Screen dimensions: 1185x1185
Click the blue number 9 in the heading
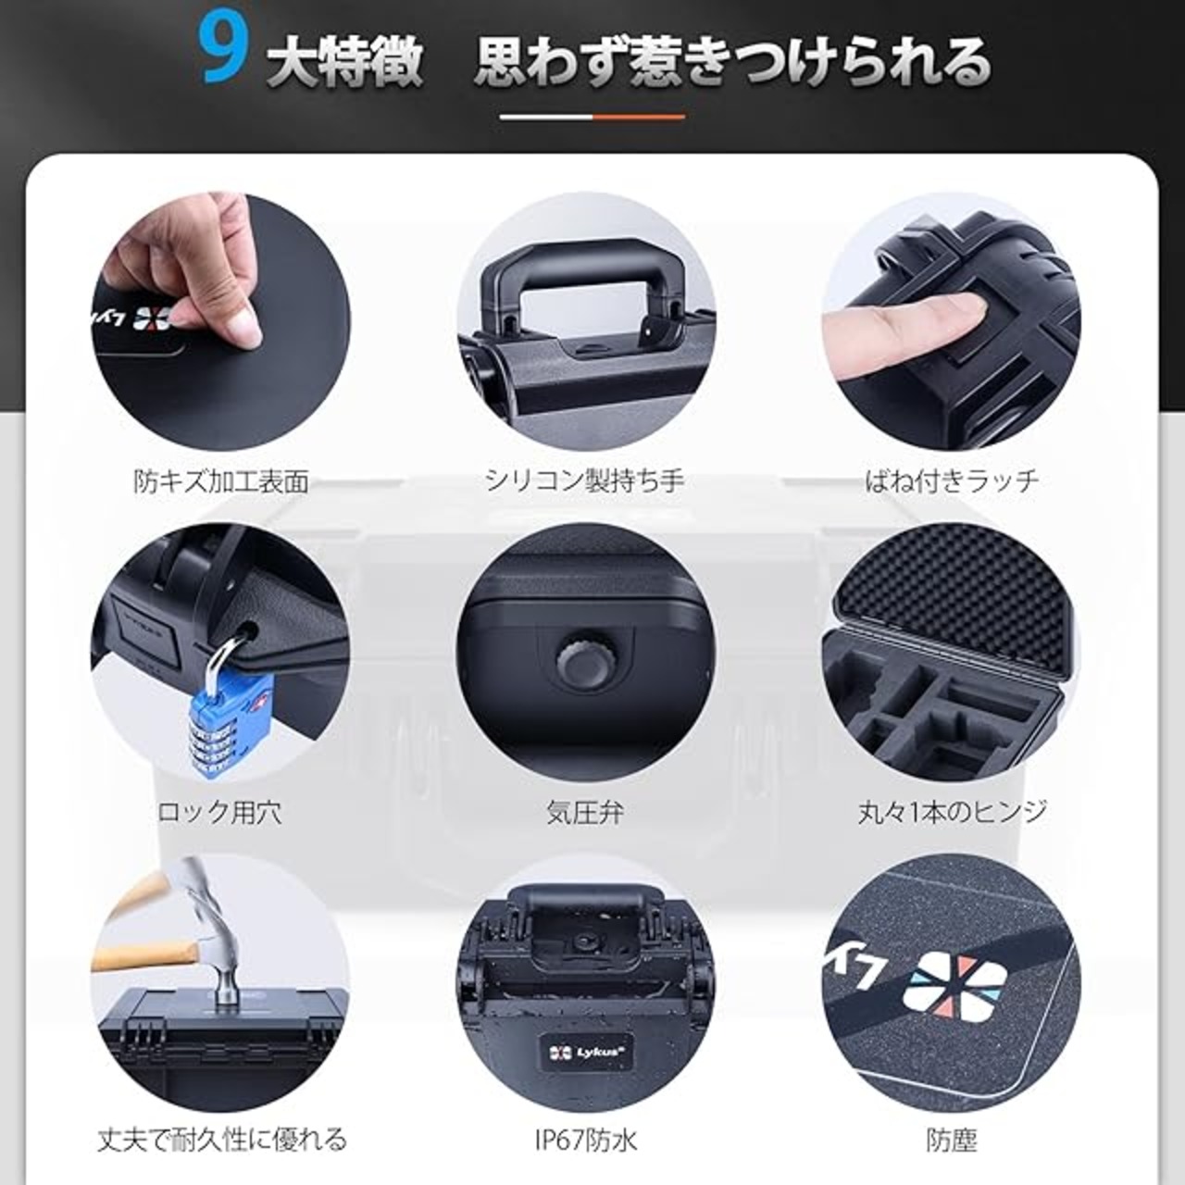222,60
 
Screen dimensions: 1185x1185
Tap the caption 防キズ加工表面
221,480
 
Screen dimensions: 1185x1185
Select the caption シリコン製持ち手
585,480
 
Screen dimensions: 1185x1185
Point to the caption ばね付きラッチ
952,480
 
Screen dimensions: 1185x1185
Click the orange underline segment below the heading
639,117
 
